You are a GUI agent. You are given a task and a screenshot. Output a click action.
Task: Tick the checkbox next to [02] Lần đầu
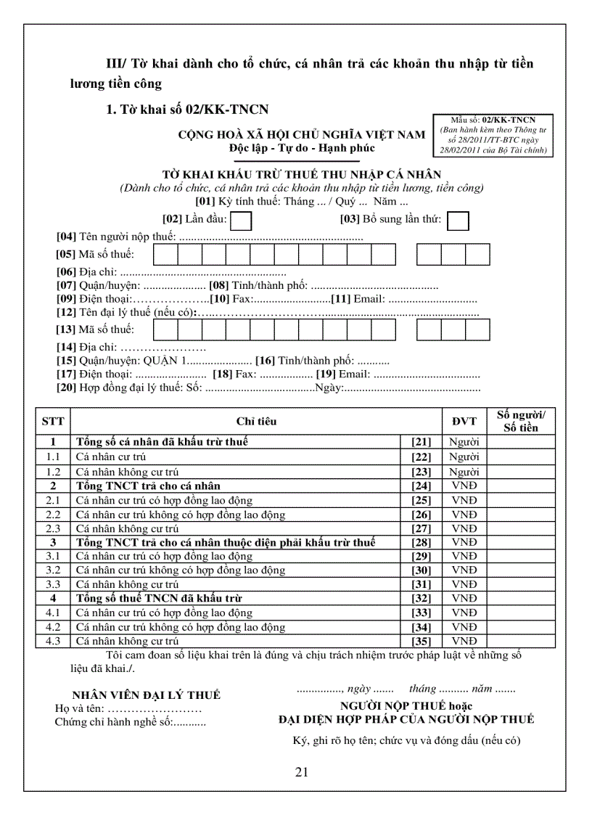tap(242, 220)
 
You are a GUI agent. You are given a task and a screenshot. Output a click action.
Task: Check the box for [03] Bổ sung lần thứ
tap(458, 220)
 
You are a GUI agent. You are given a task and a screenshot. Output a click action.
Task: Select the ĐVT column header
tap(459, 421)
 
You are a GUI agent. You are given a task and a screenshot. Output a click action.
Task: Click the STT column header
tap(53, 421)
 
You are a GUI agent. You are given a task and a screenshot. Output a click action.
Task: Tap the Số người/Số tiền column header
tap(521, 421)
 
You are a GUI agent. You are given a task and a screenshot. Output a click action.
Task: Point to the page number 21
tap(303, 771)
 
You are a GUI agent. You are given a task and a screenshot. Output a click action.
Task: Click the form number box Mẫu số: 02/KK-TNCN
tap(493, 136)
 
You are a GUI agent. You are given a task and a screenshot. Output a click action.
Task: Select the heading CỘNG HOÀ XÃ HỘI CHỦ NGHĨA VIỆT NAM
tap(302, 135)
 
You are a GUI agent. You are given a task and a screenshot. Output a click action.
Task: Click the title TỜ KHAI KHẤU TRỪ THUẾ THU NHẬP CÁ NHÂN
tap(301, 175)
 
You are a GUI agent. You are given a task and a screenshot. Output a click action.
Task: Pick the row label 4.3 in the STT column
tap(53, 641)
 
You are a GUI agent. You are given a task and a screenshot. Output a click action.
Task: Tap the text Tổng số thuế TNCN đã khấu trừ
tap(159, 598)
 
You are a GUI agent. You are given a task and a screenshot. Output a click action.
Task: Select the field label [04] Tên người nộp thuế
tap(116, 237)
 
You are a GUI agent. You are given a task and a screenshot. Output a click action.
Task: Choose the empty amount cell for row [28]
tap(521, 542)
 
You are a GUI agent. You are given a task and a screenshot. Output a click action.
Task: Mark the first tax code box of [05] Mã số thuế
tap(166, 254)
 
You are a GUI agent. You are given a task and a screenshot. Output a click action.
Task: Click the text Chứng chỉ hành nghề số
tap(113, 722)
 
